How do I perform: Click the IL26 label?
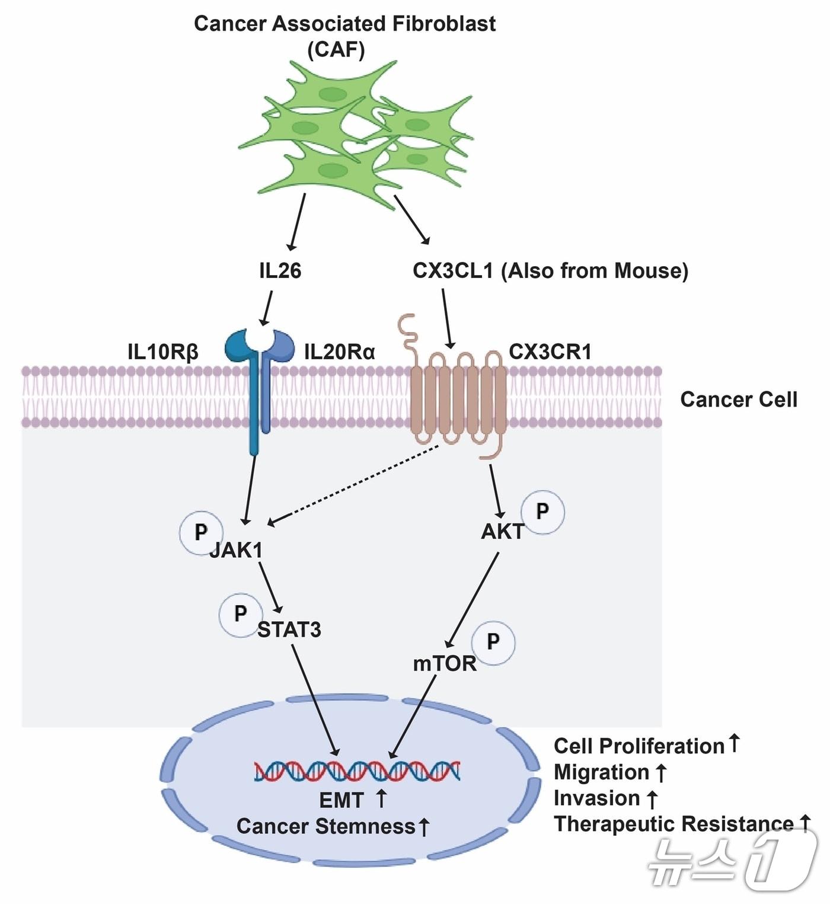click(x=280, y=271)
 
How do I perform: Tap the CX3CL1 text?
click(x=453, y=271)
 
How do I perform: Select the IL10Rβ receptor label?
click(x=163, y=352)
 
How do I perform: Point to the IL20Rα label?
click(x=340, y=352)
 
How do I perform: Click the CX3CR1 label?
click(x=550, y=352)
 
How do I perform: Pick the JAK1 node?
click(x=236, y=550)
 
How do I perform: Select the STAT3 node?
click(x=289, y=630)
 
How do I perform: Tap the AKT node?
click(x=502, y=532)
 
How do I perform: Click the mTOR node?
click(x=445, y=664)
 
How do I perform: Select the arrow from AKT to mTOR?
click(x=473, y=600)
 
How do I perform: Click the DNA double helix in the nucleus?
click(x=357, y=771)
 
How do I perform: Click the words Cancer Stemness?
click(x=326, y=826)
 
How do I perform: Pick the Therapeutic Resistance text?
click(x=673, y=824)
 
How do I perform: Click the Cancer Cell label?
click(x=738, y=400)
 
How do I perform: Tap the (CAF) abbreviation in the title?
click(x=336, y=50)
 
